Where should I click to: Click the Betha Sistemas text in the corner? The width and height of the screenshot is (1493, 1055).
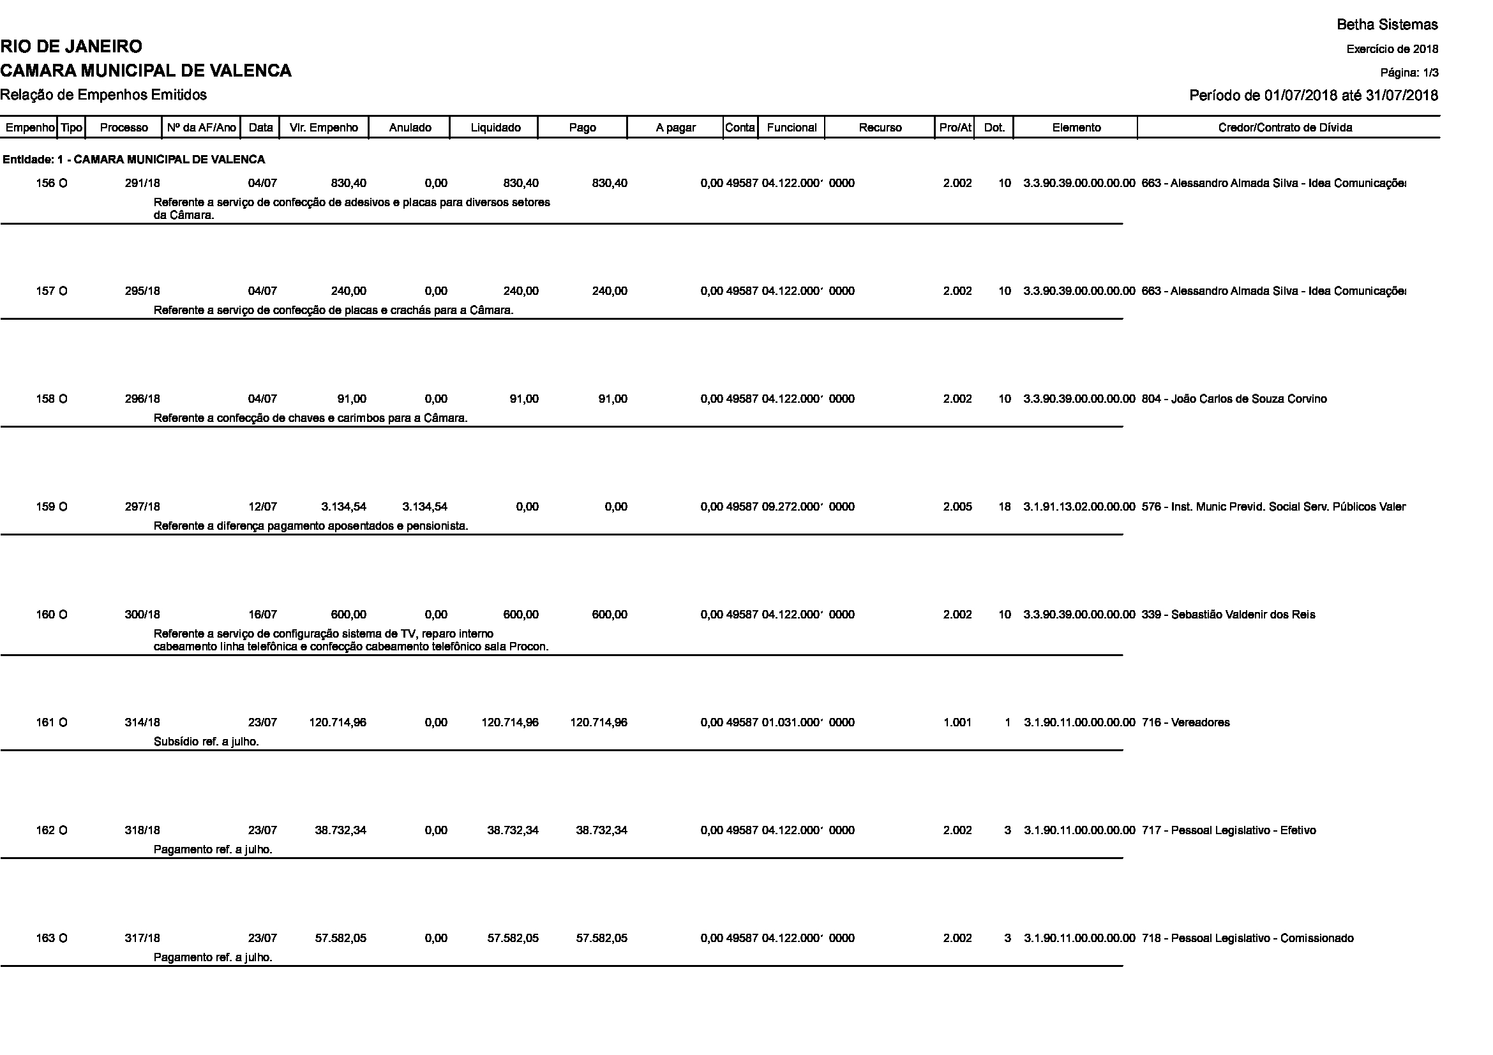(1387, 25)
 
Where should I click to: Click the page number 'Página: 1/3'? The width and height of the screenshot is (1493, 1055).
(1409, 73)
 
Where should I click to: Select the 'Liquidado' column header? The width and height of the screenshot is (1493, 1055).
(495, 128)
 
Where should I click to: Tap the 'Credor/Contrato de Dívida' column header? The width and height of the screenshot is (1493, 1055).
(1285, 128)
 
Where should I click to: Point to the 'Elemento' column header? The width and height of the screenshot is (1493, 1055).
(1076, 128)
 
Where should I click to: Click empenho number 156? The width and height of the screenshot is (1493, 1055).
(45, 183)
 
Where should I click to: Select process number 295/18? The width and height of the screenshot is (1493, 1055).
(142, 291)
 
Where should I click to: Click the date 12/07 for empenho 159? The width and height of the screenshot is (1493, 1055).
(263, 507)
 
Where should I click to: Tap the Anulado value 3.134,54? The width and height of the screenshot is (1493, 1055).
(424, 507)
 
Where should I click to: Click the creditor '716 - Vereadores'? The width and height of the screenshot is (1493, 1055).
(1185, 723)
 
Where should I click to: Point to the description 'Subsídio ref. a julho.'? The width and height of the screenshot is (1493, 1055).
(206, 742)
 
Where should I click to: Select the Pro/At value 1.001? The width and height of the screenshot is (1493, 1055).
(957, 723)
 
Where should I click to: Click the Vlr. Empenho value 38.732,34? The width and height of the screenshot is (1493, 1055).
(341, 831)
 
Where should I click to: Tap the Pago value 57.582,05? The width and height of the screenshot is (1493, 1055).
(601, 939)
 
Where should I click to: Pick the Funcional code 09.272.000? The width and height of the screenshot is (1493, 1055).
(792, 507)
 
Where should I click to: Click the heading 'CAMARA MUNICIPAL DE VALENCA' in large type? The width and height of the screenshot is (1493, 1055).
(146, 71)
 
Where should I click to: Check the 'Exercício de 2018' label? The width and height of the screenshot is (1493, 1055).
(1392, 49)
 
